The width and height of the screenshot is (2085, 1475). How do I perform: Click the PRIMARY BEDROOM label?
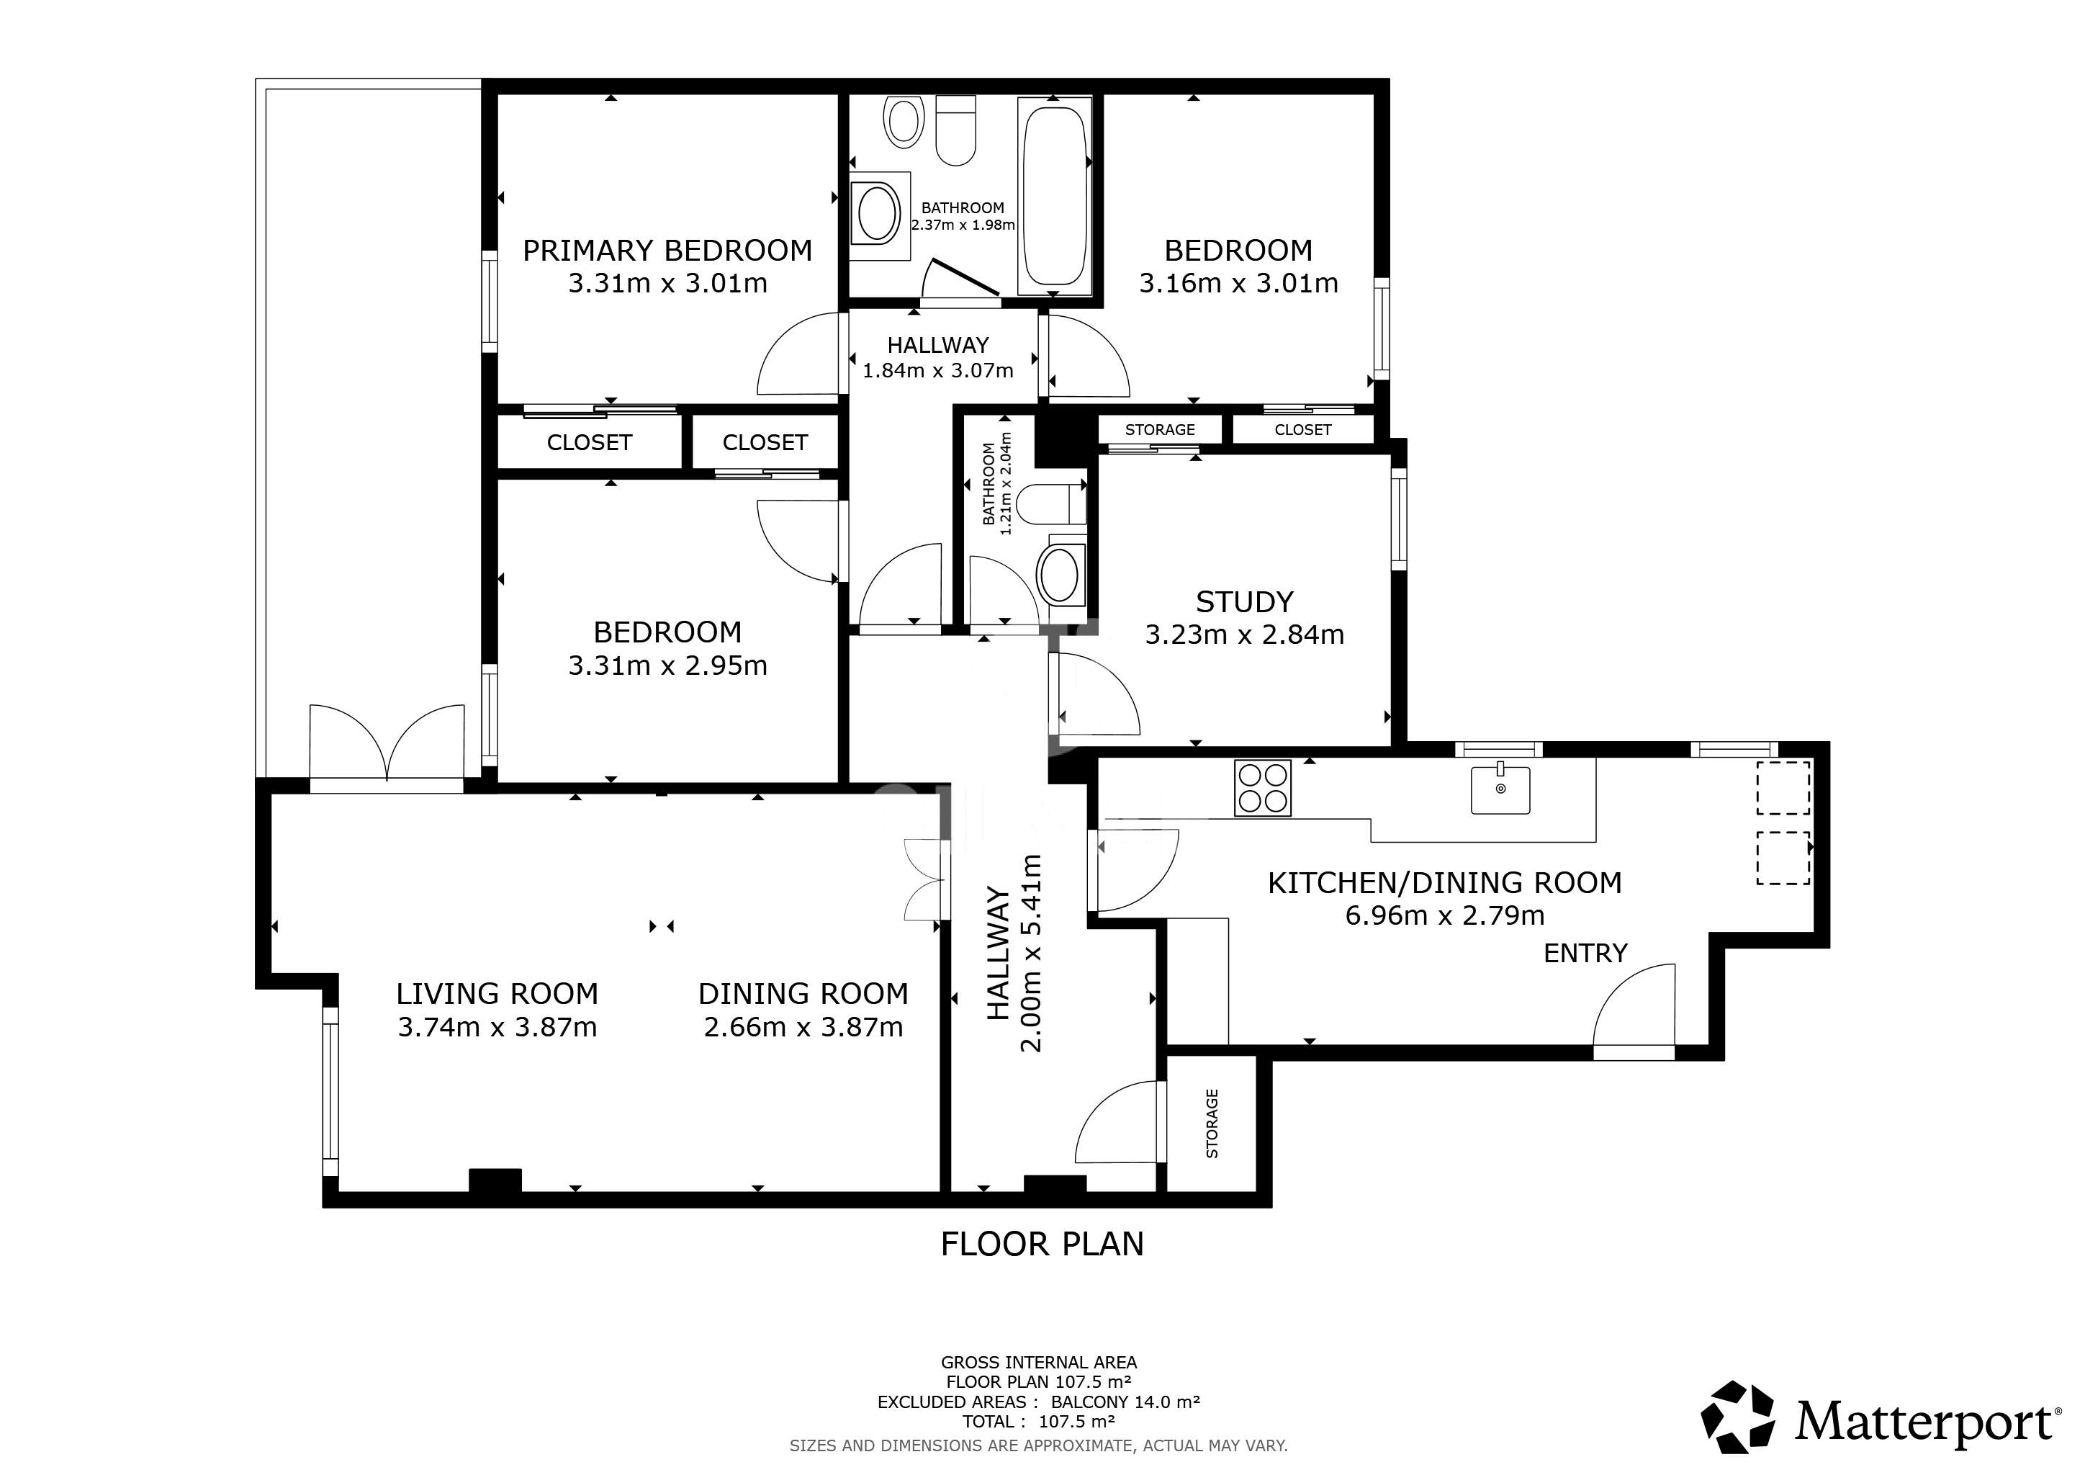(x=667, y=251)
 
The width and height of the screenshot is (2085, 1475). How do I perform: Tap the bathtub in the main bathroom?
(x=1053, y=196)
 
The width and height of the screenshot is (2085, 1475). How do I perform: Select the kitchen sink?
(x=1500, y=789)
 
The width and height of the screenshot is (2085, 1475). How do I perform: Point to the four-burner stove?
(x=1262, y=787)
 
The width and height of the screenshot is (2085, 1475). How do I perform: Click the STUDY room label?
(x=1244, y=602)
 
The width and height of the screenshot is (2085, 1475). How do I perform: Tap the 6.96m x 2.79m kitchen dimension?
(x=1445, y=915)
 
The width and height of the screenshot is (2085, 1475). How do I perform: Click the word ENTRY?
(x=1585, y=953)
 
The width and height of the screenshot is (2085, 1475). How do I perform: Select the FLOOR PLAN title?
(x=1042, y=1243)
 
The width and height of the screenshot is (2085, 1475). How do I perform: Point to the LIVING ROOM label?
(x=497, y=994)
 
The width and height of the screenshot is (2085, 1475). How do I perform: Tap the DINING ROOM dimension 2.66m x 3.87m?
(x=803, y=1027)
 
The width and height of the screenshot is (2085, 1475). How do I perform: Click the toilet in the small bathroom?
(x=1052, y=505)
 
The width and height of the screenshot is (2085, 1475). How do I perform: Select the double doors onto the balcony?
(x=388, y=743)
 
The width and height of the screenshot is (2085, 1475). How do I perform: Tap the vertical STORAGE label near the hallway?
(x=1212, y=1124)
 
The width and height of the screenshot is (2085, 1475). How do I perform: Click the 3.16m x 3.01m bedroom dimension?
(x=1238, y=283)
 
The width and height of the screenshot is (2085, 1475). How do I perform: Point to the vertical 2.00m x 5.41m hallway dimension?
(x=1032, y=953)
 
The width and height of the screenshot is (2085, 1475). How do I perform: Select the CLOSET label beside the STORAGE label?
(x=1303, y=429)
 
